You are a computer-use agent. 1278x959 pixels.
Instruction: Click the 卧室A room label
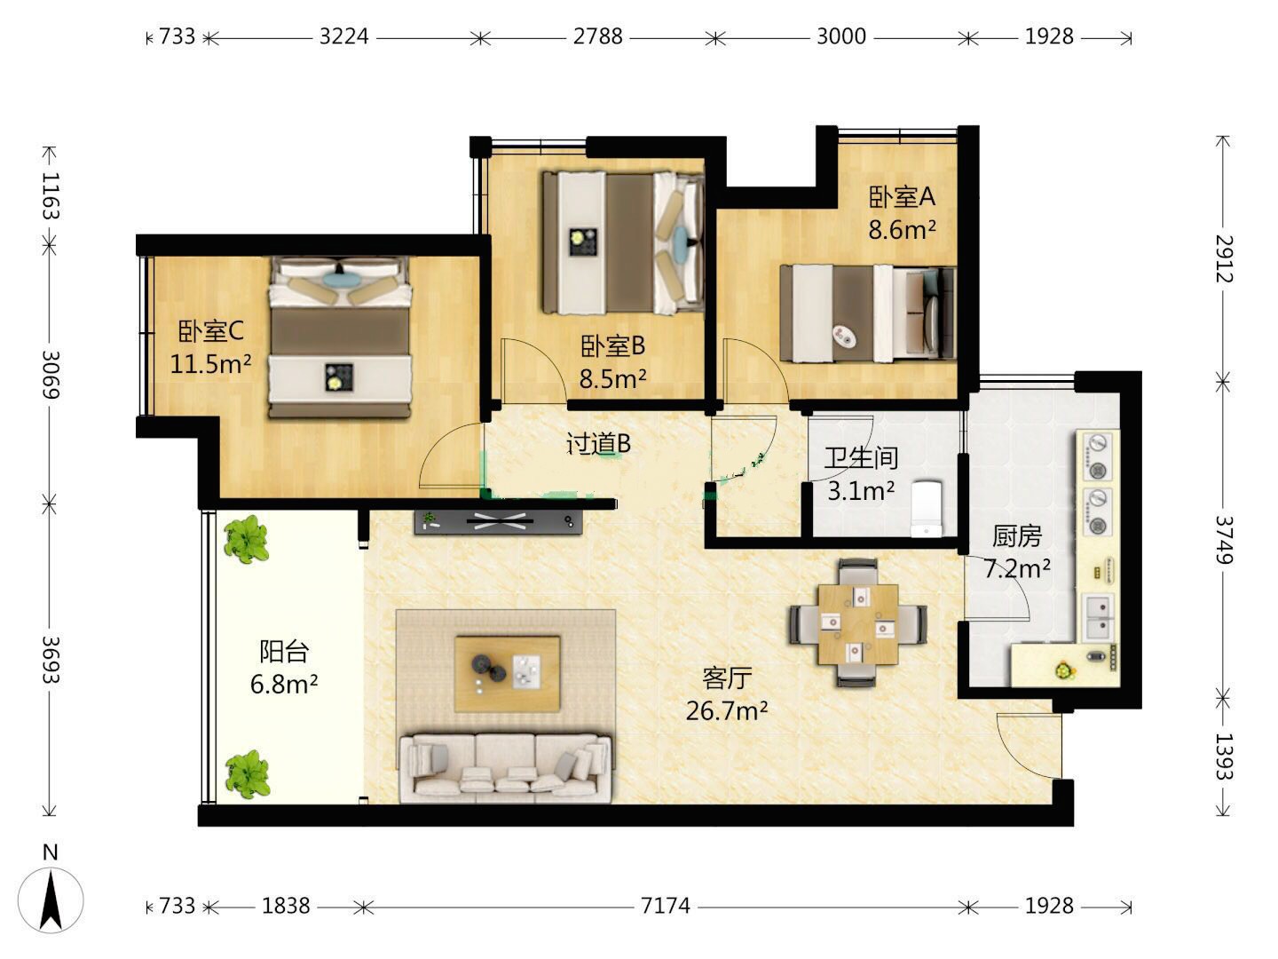(x=902, y=197)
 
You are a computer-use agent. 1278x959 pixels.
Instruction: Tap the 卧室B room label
(x=612, y=346)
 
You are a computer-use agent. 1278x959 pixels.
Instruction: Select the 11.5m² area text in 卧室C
(x=210, y=364)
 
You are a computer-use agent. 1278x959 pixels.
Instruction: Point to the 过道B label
(x=598, y=444)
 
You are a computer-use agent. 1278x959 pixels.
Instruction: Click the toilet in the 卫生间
(x=927, y=508)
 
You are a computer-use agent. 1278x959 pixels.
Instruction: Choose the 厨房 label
(x=1016, y=536)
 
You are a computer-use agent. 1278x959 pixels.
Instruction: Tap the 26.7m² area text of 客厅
(x=727, y=710)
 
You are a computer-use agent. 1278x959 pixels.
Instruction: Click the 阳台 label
(x=283, y=651)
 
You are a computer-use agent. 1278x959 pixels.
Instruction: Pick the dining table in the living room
(x=857, y=624)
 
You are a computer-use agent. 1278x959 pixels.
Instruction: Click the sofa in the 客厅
(x=505, y=768)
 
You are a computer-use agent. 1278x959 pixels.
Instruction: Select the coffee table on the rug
(x=507, y=674)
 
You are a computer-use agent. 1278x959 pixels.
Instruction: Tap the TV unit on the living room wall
(x=498, y=522)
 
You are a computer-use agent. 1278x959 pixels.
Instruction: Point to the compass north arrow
(x=51, y=900)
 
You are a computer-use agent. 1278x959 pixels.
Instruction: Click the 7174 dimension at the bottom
(x=665, y=906)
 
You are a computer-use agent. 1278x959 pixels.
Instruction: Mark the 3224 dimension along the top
(x=343, y=36)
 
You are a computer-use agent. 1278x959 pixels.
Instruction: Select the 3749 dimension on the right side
(x=1223, y=540)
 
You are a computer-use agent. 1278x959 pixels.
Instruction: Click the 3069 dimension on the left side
(x=51, y=374)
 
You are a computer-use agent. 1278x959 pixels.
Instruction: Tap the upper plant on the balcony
(x=246, y=539)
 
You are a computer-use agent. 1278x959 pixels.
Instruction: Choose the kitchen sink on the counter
(x=1098, y=617)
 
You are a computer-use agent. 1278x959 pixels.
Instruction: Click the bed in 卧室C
(x=340, y=337)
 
